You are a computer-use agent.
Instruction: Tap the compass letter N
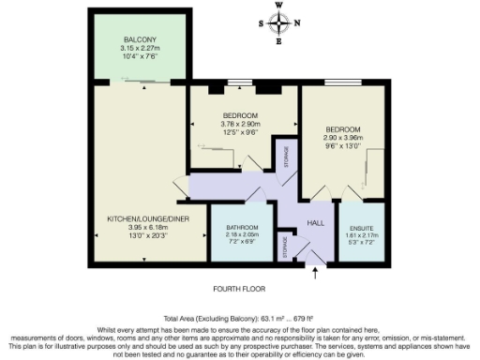[x=298, y=24]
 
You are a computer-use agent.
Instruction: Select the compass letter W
[x=278, y=5]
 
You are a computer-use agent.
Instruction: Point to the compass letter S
[x=260, y=24]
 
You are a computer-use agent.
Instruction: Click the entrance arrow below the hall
[x=315, y=272]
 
